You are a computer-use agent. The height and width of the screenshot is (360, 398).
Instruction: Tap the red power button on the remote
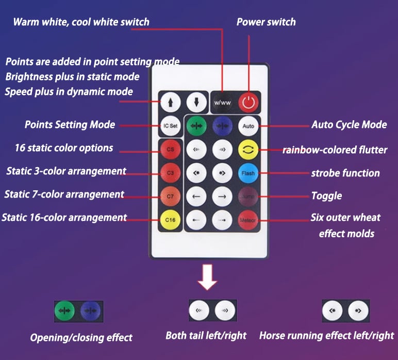[x=249, y=102]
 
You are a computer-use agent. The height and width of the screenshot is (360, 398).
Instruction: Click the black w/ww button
[x=222, y=102]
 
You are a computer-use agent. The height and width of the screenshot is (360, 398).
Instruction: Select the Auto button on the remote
[x=248, y=126]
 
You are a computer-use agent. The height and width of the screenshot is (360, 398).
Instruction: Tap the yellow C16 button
[x=170, y=220]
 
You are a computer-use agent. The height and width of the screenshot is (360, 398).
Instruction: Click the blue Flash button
[x=248, y=173]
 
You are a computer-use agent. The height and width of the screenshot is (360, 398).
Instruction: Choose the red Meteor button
[x=248, y=220]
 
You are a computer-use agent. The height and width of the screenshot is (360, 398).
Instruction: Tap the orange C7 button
[x=170, y=196]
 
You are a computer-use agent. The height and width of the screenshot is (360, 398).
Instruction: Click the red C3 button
[x=170, y=173]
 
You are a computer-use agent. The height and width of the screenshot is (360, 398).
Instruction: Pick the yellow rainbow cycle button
[x=248, y=150]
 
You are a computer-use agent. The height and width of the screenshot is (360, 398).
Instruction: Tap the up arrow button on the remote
[x=170, y=102]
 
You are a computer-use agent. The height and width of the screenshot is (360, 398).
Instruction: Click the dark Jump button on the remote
[x=248, y=196]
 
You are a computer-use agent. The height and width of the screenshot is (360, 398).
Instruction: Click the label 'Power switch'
[x=266, y=22]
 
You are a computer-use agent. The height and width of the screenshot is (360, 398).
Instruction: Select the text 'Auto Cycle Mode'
[x=349, y=125]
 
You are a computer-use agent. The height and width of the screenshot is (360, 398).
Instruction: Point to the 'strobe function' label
[x=345, y=173]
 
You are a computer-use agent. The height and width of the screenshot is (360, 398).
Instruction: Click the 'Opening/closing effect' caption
[x=81, y=338]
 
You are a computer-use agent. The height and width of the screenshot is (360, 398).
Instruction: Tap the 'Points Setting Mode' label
[x=70, y=125]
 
